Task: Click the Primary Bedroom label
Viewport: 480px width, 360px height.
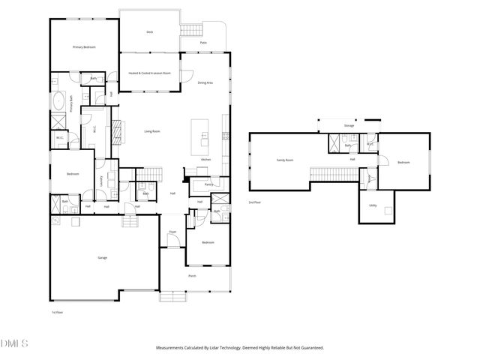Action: [84, 47]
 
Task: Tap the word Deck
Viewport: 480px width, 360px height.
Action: [150, 32]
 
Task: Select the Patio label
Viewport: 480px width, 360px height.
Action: [203, 43]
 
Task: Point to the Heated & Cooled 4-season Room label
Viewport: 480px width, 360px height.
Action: [151, 73]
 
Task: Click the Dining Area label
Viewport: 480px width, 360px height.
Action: [204, 82]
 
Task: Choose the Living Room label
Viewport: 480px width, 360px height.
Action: [152, 131]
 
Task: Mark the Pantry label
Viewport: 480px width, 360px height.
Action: [209, 184]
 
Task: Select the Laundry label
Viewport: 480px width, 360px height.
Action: [100, 179]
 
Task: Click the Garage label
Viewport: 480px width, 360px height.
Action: [102, 257]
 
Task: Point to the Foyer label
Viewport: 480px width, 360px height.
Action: [172, 232]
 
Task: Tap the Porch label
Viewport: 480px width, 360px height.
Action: [192, 276]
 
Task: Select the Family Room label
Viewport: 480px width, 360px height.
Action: [285, 160]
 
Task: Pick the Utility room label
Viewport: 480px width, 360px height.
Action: [373, 204]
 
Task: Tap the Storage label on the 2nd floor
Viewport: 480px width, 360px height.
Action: [349, 126]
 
